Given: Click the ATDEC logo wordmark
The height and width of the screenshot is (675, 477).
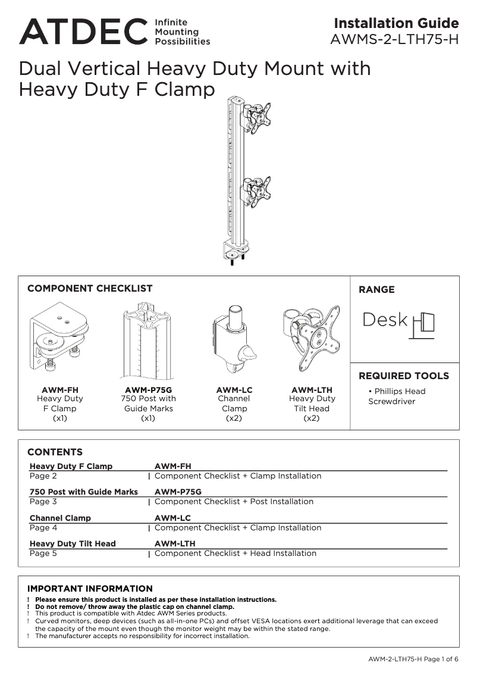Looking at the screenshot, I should [83, 31].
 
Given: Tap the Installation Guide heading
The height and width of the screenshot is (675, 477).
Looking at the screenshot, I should [396, 23].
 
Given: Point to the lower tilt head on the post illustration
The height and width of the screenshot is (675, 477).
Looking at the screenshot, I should [258, 190].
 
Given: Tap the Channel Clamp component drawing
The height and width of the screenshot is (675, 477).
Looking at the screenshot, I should [234, 343].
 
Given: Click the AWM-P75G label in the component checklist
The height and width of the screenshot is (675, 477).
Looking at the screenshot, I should [148, 390].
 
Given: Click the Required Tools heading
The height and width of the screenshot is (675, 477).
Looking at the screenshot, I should [403, 376].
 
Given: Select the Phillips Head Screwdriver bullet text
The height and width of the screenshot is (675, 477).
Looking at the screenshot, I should [397, 396].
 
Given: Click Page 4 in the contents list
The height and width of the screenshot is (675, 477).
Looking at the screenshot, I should [43, 527].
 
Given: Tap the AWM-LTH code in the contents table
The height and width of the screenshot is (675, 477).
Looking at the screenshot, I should [175, 543].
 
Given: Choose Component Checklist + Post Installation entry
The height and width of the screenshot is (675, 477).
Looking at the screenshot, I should [234, 502].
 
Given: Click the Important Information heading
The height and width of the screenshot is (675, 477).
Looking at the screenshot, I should [90, 589].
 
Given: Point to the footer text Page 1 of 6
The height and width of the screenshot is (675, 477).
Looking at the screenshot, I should [441, 659].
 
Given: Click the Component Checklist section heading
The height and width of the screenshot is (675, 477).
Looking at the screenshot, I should [90, 288].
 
